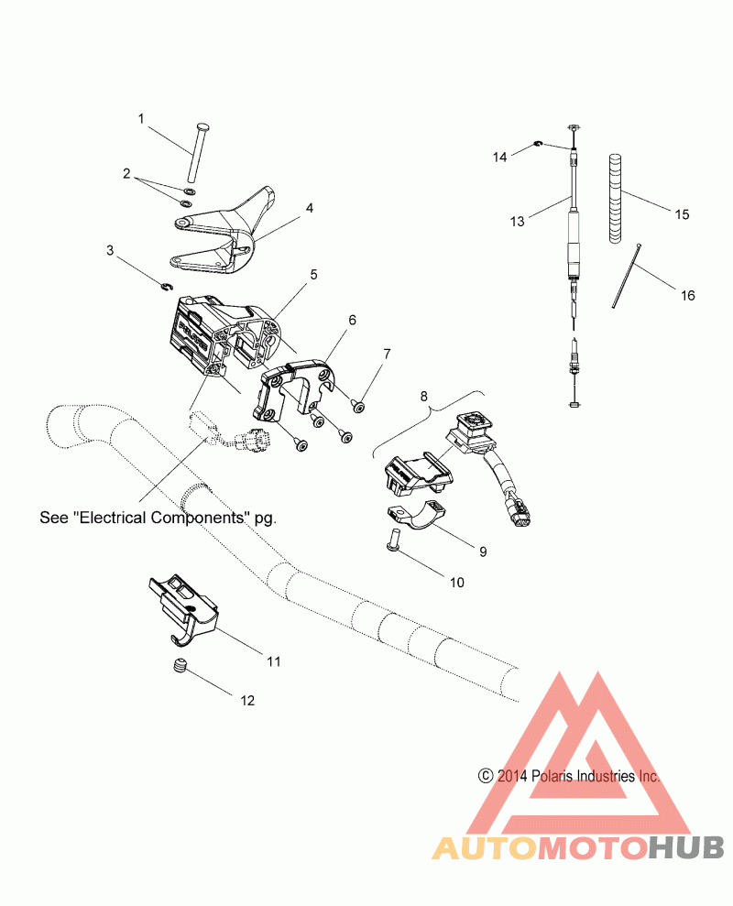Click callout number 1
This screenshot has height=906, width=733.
141,118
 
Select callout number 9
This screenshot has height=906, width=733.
481,552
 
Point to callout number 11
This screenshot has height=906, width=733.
272,660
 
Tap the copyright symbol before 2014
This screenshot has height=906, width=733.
486,775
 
